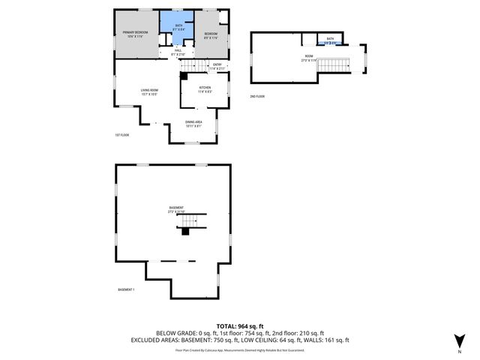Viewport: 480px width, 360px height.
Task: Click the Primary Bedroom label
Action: pos(136,34)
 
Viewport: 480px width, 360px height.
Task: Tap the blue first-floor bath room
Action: pos(178,28)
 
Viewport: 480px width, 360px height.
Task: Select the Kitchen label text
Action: pos(205,89)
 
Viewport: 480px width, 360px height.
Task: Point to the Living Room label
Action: pos(148,92)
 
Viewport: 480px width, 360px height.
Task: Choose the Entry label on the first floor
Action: pos(217,66)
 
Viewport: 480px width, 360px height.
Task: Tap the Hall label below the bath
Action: pos(178,52)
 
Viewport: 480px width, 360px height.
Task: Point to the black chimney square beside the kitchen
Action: pos(184,76)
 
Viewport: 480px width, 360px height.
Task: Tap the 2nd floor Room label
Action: pos(308,58)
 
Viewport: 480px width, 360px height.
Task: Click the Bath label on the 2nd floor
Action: pos(329,40)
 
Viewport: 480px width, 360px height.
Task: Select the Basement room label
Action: pos(176,210)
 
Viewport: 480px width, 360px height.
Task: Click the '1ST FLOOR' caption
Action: pos(123,135)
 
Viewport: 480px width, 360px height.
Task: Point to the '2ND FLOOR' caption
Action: pos(258,96)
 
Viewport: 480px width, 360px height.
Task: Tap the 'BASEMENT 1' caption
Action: pos(127,289)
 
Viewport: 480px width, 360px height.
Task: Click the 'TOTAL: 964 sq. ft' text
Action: pos(239,325)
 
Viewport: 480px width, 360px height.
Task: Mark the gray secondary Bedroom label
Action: pos(211,34)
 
